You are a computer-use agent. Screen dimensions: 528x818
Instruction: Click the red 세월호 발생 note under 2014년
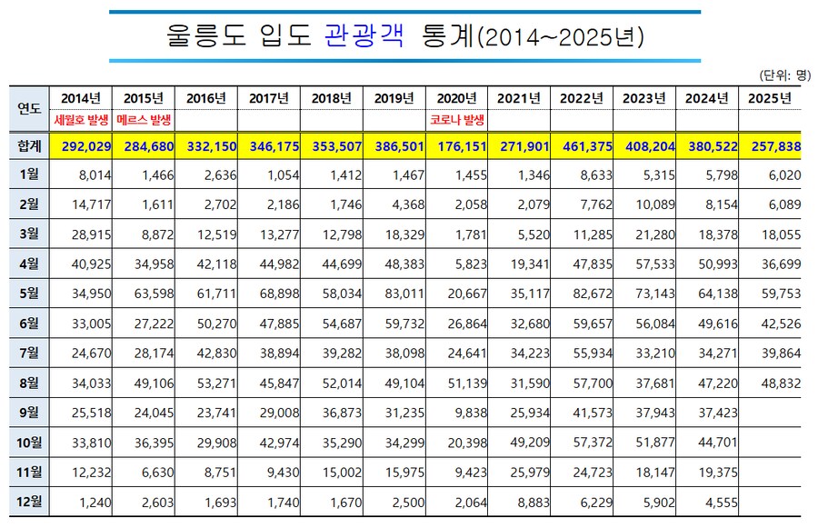pyautogui.click(x=82, y=120)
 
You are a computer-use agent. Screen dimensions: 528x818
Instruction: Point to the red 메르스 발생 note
pyautogui.click(x=145, y=120)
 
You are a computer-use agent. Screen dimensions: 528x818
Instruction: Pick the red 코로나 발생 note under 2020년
pyautogui.click(x=457, y=120)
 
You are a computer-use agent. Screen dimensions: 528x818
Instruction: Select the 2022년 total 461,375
pyautogui.click(x=583, y=146)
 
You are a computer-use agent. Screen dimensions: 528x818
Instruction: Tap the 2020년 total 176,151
pyautogui.click(x=457, y=146)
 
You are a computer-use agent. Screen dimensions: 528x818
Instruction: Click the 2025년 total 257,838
pyautogui.click(x=771, y=146)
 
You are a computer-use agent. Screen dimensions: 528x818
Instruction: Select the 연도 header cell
pyautogui.click(x=29, y=109)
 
